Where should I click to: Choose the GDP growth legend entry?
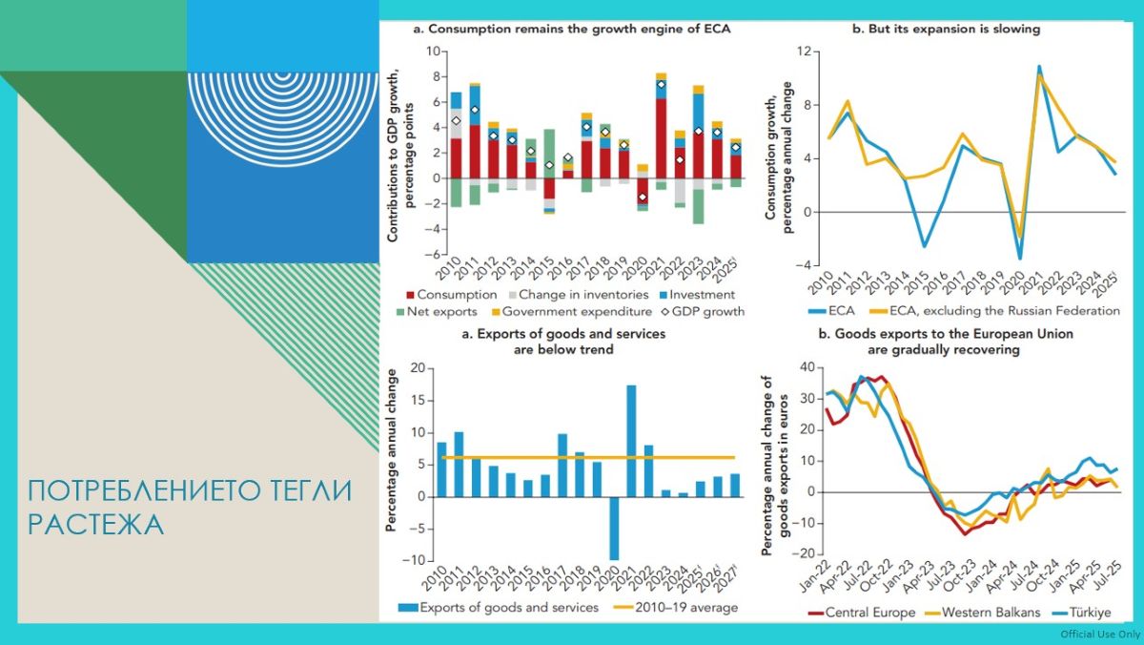point(700,311)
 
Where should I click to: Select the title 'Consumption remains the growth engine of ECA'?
point(572,29)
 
